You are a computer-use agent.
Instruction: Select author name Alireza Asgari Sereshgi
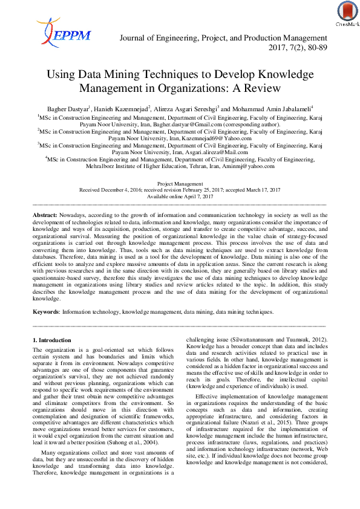pos(181,109)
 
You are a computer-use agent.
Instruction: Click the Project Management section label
pos(180,183)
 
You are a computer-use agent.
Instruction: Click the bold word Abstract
pos(44,215)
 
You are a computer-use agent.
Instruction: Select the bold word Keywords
pos(45,312)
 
